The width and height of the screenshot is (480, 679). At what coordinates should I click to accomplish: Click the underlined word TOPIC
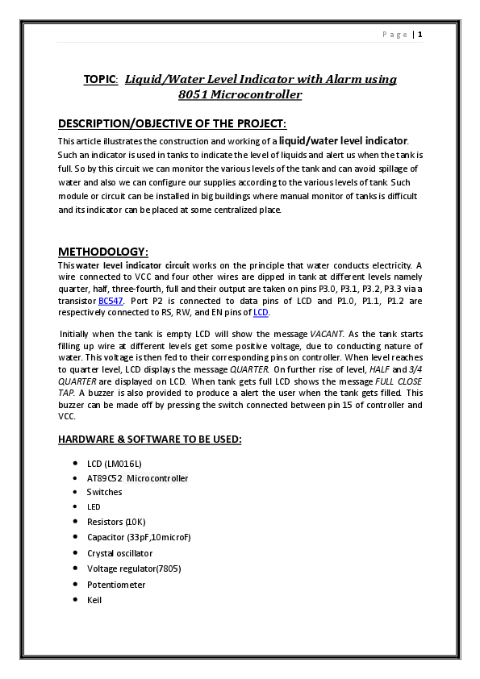pos(100,79)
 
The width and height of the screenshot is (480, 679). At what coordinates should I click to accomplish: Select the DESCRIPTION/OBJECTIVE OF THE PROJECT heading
pos(172,123)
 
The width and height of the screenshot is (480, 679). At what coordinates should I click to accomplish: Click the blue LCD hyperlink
pos(261,312)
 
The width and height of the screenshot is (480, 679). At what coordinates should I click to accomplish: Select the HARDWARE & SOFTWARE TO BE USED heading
pos(149,439)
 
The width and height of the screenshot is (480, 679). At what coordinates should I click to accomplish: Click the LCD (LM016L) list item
pos(114,464)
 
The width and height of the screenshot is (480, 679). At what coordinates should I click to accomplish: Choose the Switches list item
pos(105,492)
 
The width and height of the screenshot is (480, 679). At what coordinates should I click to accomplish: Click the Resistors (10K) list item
pos(116,522)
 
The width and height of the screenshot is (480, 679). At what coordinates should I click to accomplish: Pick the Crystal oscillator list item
pos(120,553)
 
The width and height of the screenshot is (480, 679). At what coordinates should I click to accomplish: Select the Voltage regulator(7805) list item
pos(134,569)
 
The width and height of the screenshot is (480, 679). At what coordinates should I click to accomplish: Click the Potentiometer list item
pos(116,585)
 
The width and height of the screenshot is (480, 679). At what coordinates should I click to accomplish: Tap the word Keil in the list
pos(94,600)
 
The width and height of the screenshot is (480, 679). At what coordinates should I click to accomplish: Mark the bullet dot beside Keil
pos(74,600)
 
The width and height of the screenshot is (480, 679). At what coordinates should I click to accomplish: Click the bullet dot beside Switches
pos(74,492)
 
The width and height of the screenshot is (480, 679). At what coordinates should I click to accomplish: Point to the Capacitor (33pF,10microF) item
pos(139,537)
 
